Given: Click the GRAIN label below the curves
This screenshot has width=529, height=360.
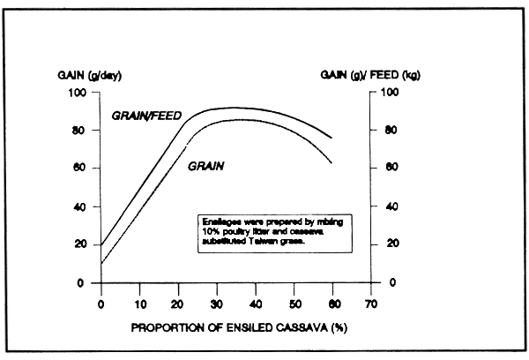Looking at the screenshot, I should [205, 165].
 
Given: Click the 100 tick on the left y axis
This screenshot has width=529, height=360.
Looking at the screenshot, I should [80, 93].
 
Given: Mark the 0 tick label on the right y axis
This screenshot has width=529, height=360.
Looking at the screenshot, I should [384, 282].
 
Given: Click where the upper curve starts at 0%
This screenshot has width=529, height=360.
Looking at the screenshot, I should [101, 244].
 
